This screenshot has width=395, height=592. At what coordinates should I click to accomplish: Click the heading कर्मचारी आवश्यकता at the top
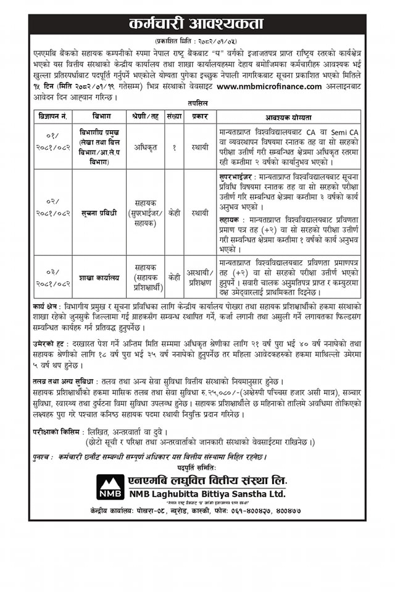tap(197, 25)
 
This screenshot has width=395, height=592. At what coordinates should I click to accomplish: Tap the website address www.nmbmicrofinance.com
tap(269, 86)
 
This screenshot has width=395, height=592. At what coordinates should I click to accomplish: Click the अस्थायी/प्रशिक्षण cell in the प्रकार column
tap(201, 278)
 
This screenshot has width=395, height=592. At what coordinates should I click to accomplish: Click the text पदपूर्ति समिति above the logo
tap(197, 469)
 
